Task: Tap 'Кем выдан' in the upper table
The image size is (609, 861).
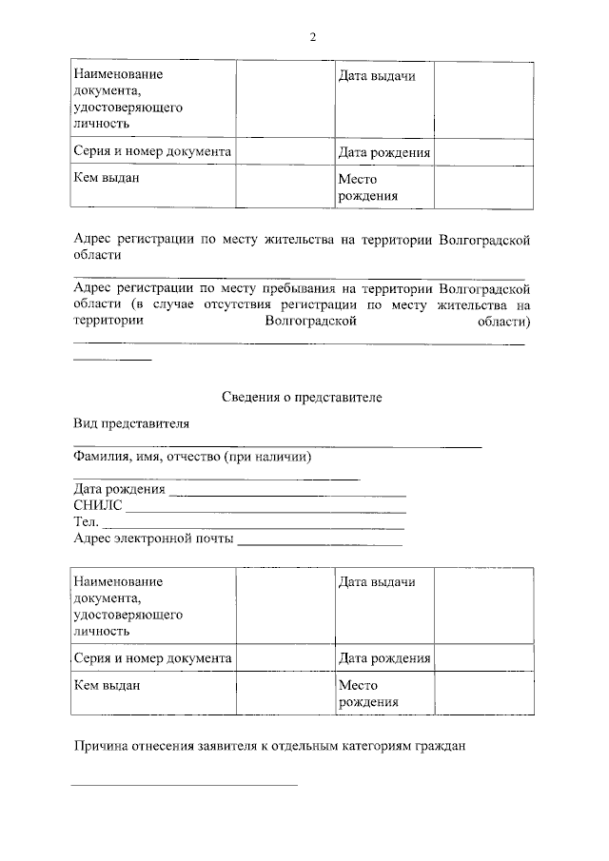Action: [100, 178]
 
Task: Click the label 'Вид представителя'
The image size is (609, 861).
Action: [131, 424]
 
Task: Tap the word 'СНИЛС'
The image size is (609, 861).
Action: [97, 505]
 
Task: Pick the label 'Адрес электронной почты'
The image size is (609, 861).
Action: [152, 538]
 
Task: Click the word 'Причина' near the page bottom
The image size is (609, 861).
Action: [102, 746]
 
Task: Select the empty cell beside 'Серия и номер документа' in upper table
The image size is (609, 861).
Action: [284, 151]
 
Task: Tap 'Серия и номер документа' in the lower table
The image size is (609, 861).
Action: [152, 657]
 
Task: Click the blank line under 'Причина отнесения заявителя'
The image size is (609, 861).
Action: [186, 784]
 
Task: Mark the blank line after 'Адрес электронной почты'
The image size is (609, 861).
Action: [319, 544]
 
